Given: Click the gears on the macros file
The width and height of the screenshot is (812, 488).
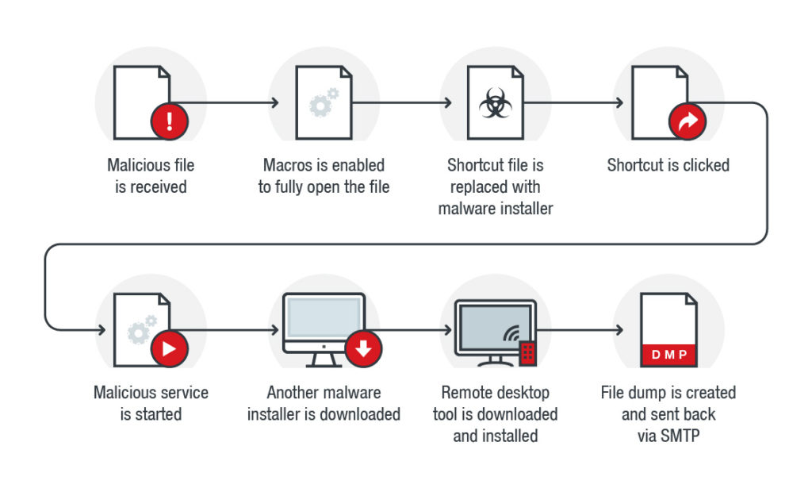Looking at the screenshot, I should click(323, 103).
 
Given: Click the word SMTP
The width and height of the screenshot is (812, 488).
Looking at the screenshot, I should click(680, 436).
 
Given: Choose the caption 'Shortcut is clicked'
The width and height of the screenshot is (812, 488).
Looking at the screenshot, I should click(668, 166).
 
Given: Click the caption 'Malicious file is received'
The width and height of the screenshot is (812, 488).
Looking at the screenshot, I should click(151, 176).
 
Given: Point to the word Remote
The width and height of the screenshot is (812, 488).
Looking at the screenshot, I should click(467, 393).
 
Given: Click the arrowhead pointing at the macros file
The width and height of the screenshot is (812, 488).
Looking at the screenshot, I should click(274, 103).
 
